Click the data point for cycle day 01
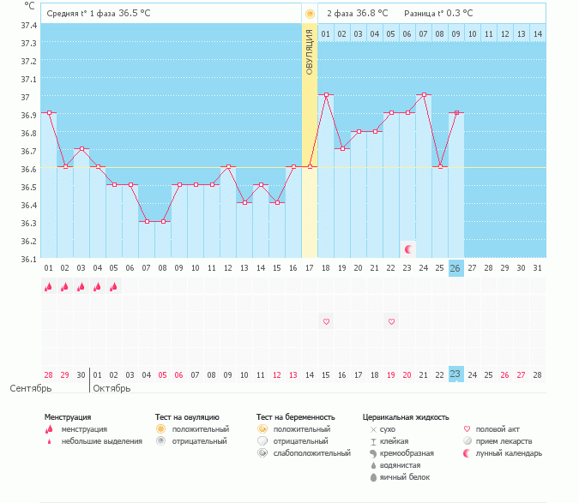click(49, 112)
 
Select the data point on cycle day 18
click(326, 94)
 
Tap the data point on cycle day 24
click(423, 94)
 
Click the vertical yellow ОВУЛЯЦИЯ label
click(310, 51)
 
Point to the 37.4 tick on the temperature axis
click(28, 26)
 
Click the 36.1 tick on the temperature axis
click(28, 259)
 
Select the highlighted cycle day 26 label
click(455, 268)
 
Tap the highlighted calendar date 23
click(455, 374)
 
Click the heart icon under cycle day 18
click(326, 322)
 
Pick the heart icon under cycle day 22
click(391, 322)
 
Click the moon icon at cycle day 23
click(408, 249)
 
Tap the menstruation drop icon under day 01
click(49, 287)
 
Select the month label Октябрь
click(112, 389)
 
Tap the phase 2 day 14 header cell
click(538, 33)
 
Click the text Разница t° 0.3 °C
click(437, 13)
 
